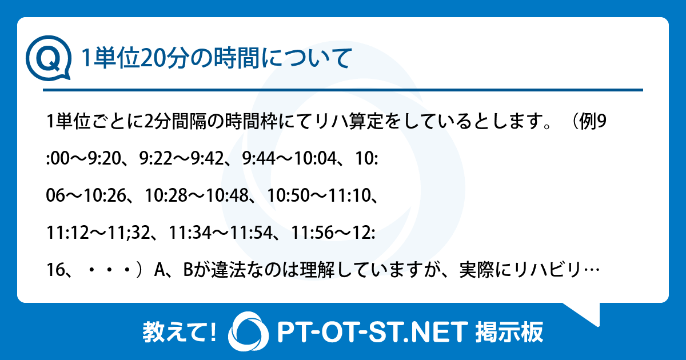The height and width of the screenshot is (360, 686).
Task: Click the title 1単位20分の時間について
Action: pos(216,59)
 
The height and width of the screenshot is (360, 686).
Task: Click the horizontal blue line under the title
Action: pos(343,90)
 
